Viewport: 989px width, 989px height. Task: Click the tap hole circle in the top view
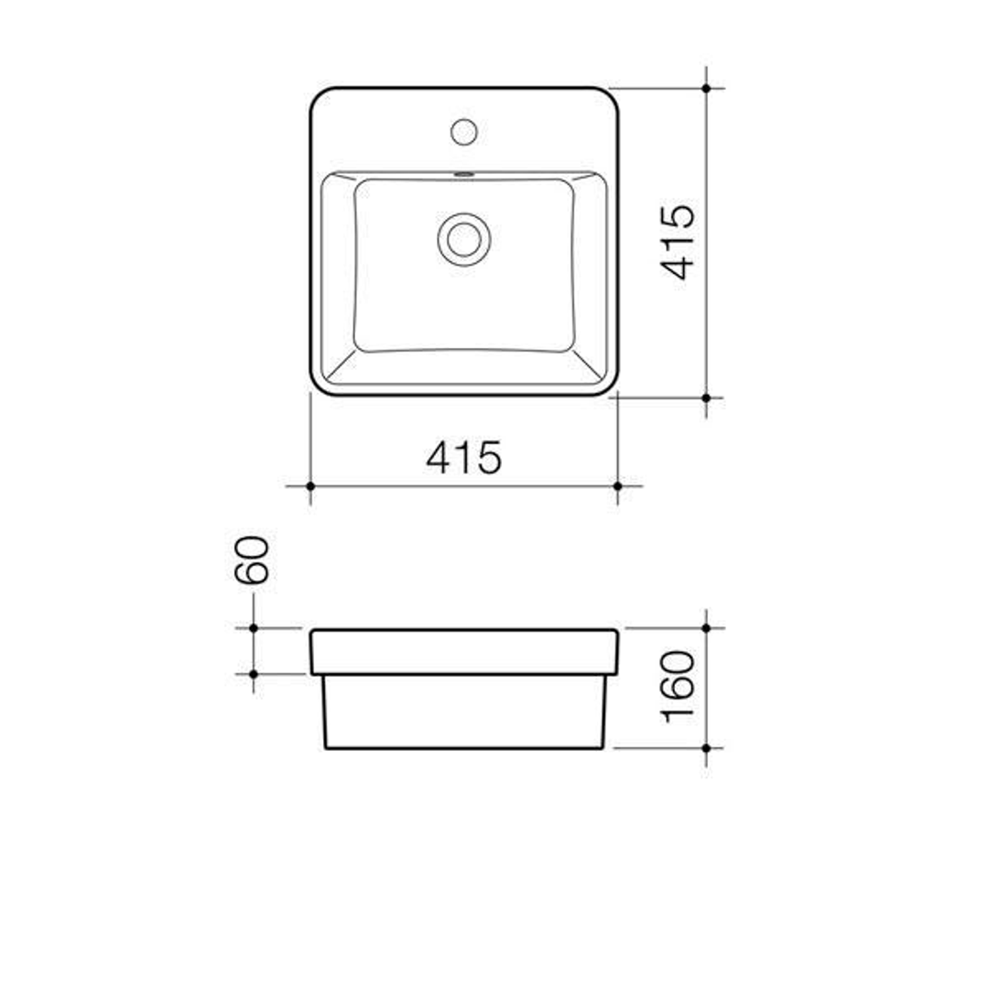pos(464,131)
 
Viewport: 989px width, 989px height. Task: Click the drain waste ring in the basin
pos(463,238)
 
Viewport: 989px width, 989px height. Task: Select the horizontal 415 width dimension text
pos(464,457)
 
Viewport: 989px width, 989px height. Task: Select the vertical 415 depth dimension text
pos(679,242)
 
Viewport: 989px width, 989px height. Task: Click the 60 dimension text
pos(253,560)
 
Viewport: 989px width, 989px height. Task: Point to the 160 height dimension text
pos(679,687)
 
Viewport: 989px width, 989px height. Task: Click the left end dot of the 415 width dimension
pos(310,485)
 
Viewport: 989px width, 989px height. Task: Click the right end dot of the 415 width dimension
pos(617,485)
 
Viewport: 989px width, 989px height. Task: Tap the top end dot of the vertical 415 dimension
pos(706,88)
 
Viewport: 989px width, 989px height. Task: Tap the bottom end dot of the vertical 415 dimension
pos(706,397)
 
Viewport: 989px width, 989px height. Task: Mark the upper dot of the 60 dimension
pos(253,628)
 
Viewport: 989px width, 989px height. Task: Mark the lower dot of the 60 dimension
pos(253,674)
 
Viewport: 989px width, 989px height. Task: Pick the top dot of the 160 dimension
pos(706,628)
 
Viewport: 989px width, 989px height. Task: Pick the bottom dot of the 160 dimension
pos(706,748)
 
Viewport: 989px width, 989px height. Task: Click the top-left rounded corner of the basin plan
pos(319,96)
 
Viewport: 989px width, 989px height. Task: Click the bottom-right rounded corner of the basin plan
pos(609,387)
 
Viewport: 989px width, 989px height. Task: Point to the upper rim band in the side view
pos(464,652)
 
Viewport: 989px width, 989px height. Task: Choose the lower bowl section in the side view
pos(464,712)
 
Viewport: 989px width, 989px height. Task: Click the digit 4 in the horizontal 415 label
pos(440,457)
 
